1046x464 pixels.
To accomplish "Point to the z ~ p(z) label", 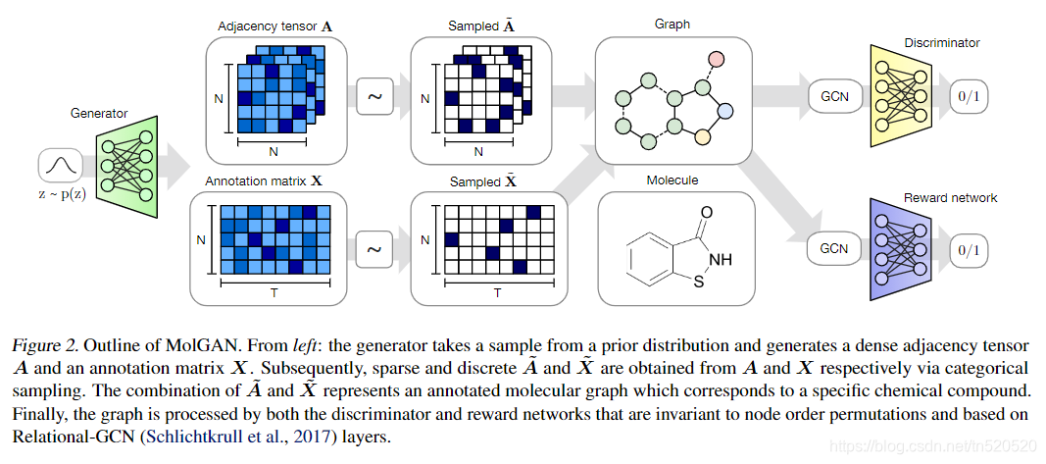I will pos(61,195).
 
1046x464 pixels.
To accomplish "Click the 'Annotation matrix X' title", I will pos(264,181).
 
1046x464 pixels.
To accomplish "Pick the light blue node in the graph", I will pos(724,112).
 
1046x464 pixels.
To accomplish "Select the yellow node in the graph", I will pos(702,136).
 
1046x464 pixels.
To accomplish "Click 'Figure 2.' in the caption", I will pos(45,345).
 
